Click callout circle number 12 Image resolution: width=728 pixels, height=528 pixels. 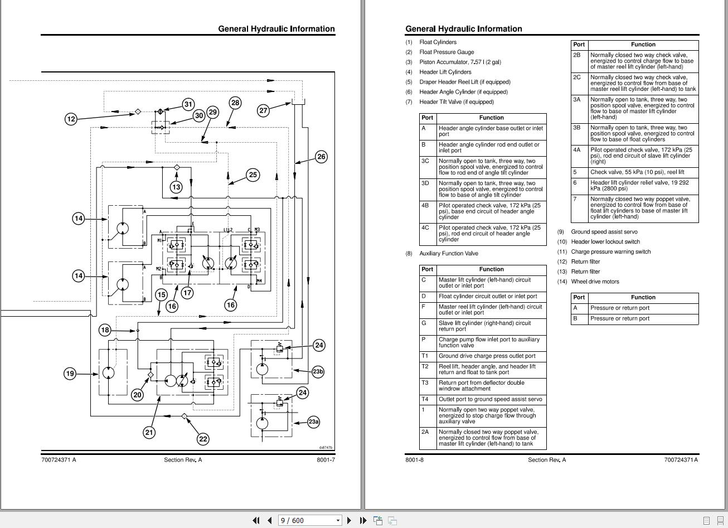(x=71, y=119)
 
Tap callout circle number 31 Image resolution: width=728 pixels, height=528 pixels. (x=188, y=104)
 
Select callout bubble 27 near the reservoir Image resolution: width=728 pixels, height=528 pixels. (x=263, y=110)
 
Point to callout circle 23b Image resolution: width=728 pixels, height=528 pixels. (x=318, y=371)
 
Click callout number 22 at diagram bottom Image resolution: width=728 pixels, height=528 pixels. (x=203, y=439)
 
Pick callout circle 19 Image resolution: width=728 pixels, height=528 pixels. (x=70, y=374)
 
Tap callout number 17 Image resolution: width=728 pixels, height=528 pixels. (x=187, y=293)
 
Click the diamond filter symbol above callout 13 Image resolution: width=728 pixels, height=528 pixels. (x=177, y=167)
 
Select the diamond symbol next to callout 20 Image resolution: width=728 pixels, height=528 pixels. (x=151, y=375)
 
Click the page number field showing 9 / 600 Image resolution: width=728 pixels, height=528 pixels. (x=309, y=521)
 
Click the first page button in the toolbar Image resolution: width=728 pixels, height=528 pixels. (x=256, y=521)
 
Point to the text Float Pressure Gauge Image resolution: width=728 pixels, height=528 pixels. (x=446, y=52)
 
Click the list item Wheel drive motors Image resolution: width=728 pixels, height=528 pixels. (x=595, y=282)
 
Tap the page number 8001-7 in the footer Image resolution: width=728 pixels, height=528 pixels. (x=326, y=460)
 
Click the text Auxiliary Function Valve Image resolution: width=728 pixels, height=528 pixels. (x=449, y=253)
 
